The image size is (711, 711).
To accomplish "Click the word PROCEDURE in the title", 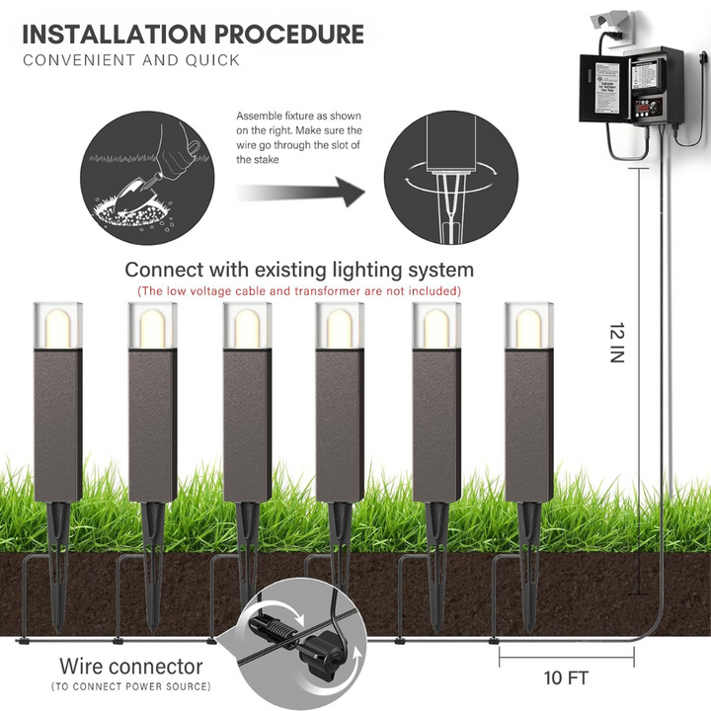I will point(291,34).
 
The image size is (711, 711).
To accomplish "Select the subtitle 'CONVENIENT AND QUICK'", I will point(131,60).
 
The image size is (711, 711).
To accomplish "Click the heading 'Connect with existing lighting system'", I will point(299,270).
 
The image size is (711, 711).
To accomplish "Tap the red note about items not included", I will point(299,290).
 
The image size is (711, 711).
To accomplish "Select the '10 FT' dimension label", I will point(566,677).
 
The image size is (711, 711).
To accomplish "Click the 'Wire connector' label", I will point(130,667).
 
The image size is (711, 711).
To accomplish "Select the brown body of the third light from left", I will point(246,425).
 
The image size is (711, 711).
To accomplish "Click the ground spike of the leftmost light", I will point(58,553).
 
